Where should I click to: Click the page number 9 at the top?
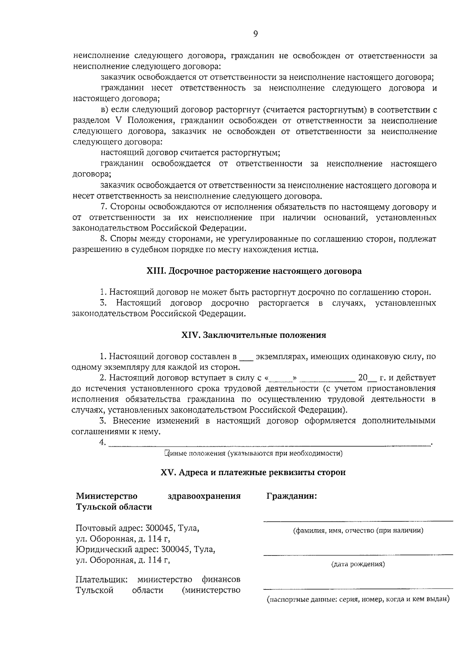[255, 34]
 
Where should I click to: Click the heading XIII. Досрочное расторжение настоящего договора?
[254, 271]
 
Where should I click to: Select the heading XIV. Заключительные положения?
[254, 335]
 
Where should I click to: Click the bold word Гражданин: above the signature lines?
[292, 496]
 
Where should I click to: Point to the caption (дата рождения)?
[358, 564]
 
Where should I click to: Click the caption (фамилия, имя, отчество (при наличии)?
[358, 530]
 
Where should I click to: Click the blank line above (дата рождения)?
[358, 554]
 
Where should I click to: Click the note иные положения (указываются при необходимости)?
[253, 453]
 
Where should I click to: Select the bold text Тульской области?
[114, 507]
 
